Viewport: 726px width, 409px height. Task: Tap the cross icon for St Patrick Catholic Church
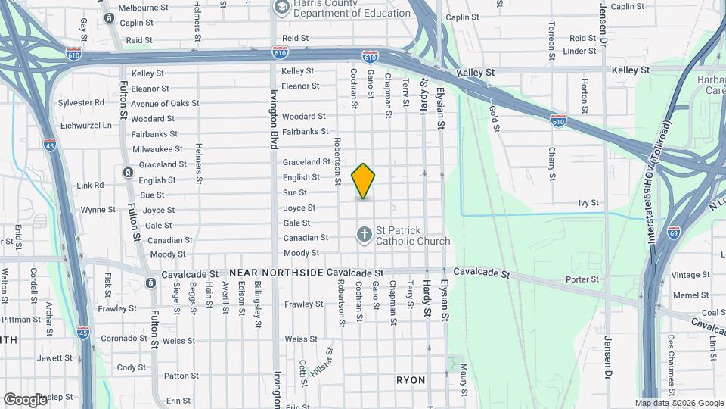click(x=364, y=235)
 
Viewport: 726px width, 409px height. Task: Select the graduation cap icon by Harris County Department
click(x=281, y=8)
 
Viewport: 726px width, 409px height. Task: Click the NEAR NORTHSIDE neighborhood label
click(x=276, y=272)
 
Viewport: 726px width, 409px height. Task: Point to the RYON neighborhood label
click(x=411, y=380)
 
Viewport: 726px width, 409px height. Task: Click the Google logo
click(x=25, y=399)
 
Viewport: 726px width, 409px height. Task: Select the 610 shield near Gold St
click(x=558, y=120)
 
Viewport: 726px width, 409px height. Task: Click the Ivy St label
click(x=588, y=203)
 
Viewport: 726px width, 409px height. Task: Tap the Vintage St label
click(x=690, y=275)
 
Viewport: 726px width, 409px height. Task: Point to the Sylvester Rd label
click(x=82, y=102)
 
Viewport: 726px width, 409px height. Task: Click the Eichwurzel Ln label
click(x=86, y=125)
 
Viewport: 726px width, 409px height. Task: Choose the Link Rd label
click(x=90, y=185)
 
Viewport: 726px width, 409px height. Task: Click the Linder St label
click(x=580, y=51)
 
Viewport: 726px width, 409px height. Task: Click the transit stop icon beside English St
click(x=128, y=173)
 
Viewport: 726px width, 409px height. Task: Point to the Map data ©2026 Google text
click(x=678, y=403)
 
